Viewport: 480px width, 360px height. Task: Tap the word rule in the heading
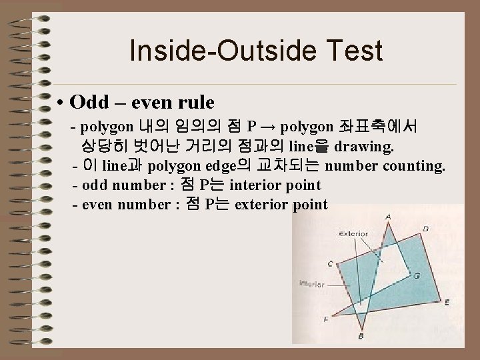(197, 103)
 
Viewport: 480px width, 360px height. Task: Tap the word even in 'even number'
(97, 204)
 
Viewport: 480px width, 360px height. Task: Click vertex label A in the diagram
(389, 216)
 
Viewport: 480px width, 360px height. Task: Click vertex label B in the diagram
(361, 337)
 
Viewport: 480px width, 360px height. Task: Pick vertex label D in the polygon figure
(426, 229)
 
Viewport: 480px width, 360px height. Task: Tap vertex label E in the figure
(446, 302)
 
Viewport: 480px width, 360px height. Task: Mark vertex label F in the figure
(325, 319)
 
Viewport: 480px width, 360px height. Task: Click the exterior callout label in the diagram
(354, 234)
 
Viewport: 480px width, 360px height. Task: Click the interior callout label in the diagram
(311, 283)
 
